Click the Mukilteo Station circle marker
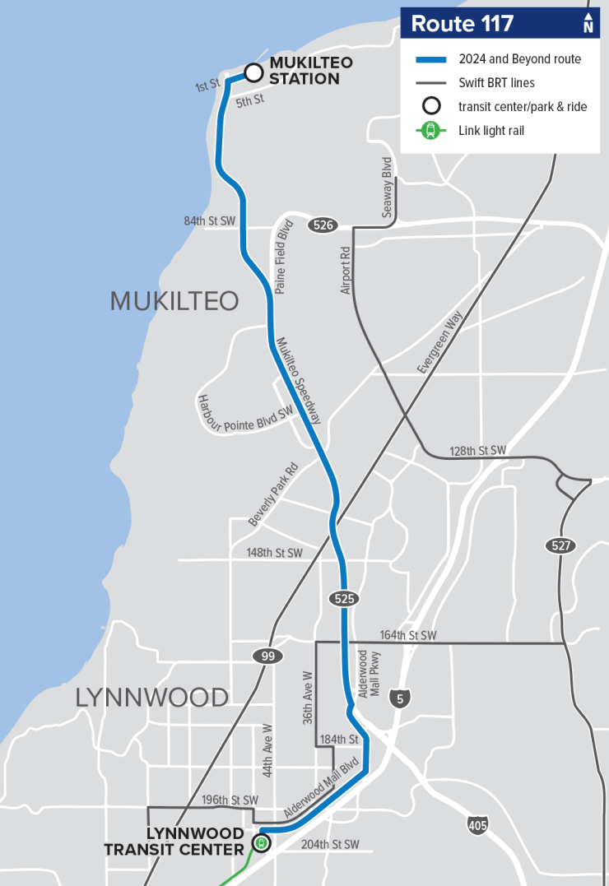click(253, 72)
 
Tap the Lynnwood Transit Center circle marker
click(261, 843)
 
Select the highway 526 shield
click(322, 225)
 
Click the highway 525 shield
click(345, 599)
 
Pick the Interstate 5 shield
click(399, 698)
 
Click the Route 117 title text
click(462, 24)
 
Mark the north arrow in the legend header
click(588, 23)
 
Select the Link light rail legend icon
click(430, 130)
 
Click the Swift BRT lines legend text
click(497, 82)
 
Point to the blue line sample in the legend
click(430, 59)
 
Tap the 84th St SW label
click(210, 220)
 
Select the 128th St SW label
click(478, 451)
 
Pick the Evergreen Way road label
click(440, 342)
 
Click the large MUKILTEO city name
click(174, 301)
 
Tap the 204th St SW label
click(330, 844)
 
